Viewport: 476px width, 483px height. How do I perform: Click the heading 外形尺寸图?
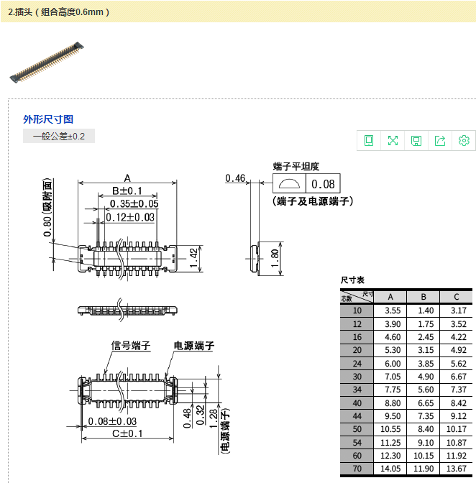(48, 119)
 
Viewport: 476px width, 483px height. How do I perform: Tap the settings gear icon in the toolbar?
(464, 140)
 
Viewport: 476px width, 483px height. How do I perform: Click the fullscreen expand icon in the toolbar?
(393, 140)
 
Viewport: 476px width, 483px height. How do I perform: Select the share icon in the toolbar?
(440, 140)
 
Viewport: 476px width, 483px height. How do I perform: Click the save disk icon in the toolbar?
(416, 140)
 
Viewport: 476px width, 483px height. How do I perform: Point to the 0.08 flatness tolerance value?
(323, 183)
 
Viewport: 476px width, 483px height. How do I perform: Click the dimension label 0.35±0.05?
(134, 204)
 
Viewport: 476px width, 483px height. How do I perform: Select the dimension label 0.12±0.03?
(131, 217)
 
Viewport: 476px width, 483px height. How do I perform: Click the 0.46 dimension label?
(235, 178)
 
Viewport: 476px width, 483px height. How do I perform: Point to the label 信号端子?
(131, 346)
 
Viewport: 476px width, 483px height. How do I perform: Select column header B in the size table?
(424, 297)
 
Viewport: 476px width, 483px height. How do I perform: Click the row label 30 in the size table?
(357, 376)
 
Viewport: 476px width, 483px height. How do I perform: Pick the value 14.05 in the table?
(391, 468)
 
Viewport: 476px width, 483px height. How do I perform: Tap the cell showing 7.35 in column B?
(424, 415)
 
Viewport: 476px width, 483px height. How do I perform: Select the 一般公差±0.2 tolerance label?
(58, 137)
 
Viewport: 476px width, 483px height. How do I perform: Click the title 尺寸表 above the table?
(352, 280)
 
